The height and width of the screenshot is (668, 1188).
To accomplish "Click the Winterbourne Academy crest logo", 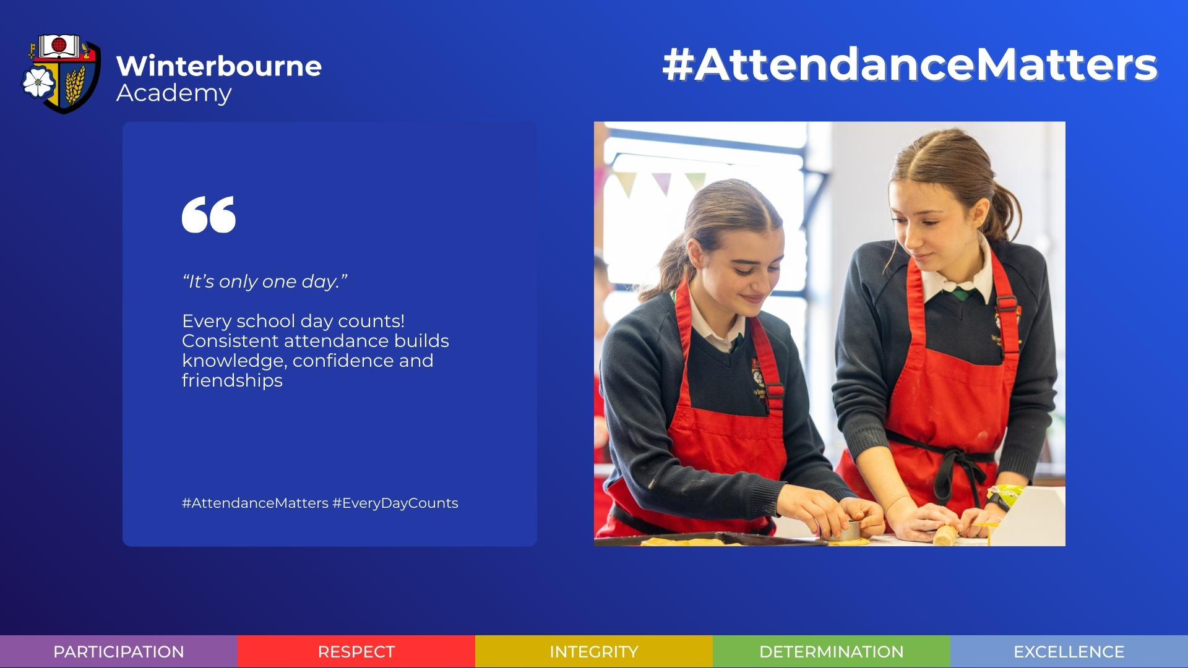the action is [61, 74].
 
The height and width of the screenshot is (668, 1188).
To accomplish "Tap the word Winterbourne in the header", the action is [218, 66].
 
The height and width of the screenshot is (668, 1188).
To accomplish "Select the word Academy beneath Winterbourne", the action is [174, 93].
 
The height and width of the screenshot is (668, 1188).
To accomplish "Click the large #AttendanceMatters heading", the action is [910, 64].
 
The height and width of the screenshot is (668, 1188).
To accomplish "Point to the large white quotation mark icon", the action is [209, 215].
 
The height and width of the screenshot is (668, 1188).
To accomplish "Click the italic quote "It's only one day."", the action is [265, 281].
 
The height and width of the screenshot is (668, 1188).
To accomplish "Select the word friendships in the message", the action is [232, 380].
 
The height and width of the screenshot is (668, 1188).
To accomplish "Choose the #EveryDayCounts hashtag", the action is [395, 503].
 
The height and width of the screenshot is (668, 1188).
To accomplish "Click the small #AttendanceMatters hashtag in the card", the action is [255, 503].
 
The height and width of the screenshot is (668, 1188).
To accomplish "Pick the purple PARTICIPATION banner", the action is [119, 651].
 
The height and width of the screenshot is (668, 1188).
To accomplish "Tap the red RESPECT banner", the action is [356, 651].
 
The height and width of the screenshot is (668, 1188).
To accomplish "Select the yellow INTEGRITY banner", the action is [594, 651].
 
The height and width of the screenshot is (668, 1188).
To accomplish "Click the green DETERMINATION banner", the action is [832, 651].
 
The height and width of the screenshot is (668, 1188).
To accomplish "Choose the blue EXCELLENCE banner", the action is [1069, 651].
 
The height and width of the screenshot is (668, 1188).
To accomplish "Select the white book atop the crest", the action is [59, 46].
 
